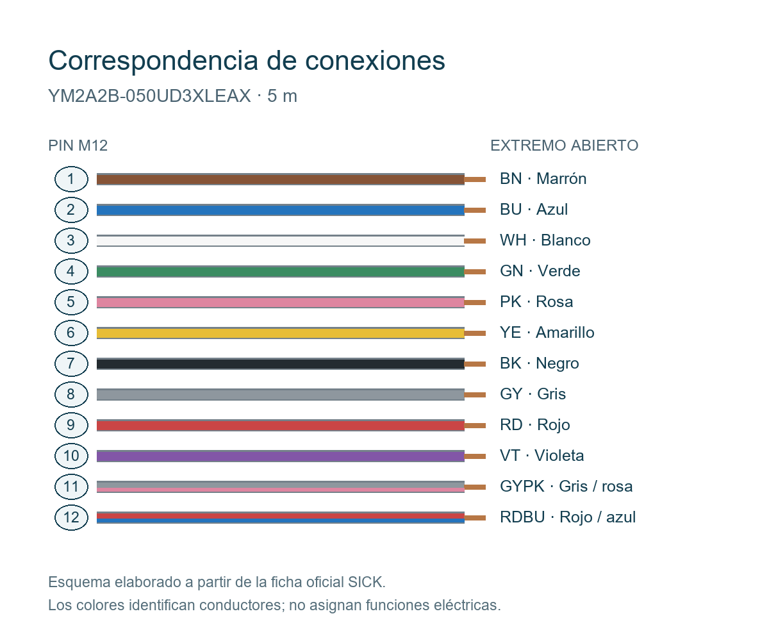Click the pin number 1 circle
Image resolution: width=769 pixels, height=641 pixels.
(x=71, y=179)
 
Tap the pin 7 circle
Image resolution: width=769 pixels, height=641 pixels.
(x=71, y=363)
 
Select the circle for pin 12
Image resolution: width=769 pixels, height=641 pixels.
(x=71, y=517)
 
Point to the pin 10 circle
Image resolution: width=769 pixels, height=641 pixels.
(x=71, y=456)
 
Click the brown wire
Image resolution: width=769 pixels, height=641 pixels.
(x=280, y=179)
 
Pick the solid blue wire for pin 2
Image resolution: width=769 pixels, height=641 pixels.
(x=280, y=210)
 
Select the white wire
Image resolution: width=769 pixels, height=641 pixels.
(x=280, y=241)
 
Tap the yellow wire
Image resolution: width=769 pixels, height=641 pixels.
(x=280, y=333)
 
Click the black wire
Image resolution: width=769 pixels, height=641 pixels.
(x=280, y=364)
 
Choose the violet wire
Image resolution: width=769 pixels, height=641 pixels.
(x=280, y=456)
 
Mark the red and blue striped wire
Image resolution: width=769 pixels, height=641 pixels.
(x=280, y=517)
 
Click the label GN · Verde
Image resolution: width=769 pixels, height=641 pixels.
(x=540, y=271)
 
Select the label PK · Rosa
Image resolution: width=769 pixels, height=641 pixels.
(x=536, y=302)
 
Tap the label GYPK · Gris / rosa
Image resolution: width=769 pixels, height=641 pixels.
(x=566, y=487)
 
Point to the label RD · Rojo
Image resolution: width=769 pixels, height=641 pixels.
(x=534, y=425)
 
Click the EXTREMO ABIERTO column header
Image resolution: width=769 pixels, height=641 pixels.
(x=564, y=146)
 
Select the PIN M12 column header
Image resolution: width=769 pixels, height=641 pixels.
(x=78, y=146)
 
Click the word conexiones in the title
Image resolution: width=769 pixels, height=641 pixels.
(x=375, y=60)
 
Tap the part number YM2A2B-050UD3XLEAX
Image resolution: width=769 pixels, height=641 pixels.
(x=149, y=96)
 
